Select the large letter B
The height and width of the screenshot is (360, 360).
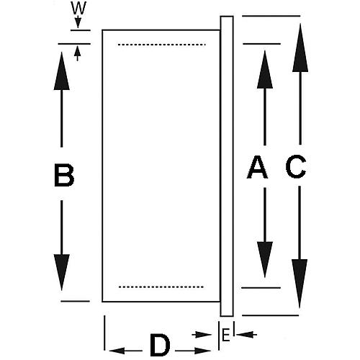(x=64, y=175)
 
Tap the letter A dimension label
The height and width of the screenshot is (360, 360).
(x=257, y=167)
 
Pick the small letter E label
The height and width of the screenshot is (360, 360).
(x=225, y=335)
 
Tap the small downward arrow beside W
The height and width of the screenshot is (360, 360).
(x=77, y=26)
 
